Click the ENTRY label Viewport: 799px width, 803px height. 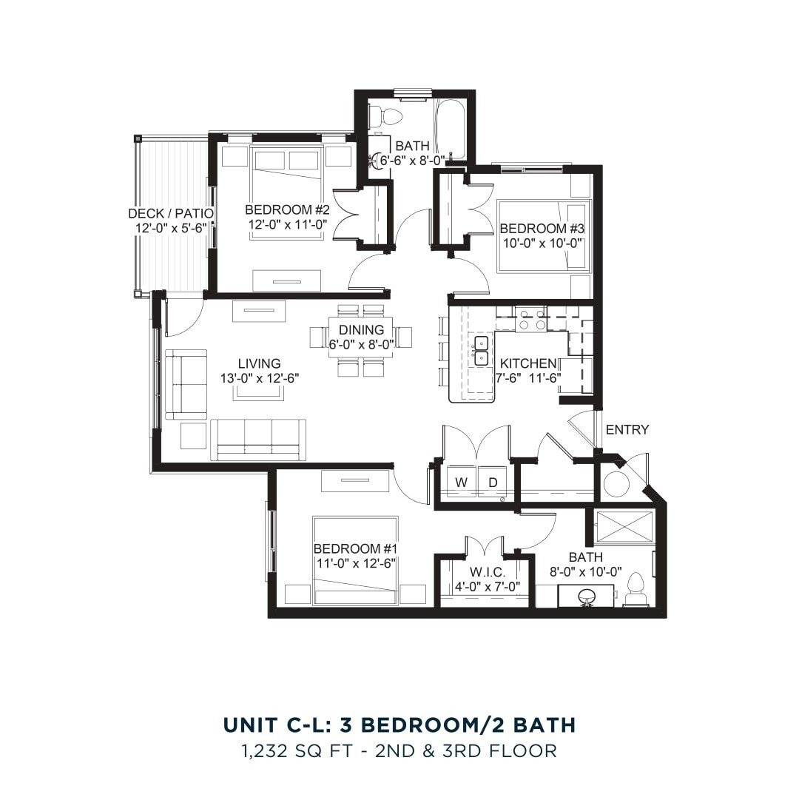(627, 429)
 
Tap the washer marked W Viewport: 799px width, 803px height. (462, 483)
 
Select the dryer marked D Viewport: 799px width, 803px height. (493, 483)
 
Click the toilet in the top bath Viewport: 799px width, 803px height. (385, 116)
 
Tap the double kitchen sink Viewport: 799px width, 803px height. (482, 350)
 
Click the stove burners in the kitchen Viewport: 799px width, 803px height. (530, 320)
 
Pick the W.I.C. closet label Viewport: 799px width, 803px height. (488, 572)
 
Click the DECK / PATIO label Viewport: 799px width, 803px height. (171, 213)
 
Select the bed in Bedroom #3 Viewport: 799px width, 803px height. (544, 235)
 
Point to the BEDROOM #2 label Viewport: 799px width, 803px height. (287, 210)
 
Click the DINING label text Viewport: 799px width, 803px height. (361, 329)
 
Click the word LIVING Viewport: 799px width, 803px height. (259, 363)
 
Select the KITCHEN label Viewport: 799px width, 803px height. (527, 363)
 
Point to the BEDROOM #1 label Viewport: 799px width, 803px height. (356, 548)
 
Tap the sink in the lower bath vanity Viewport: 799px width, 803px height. (587, 595)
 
